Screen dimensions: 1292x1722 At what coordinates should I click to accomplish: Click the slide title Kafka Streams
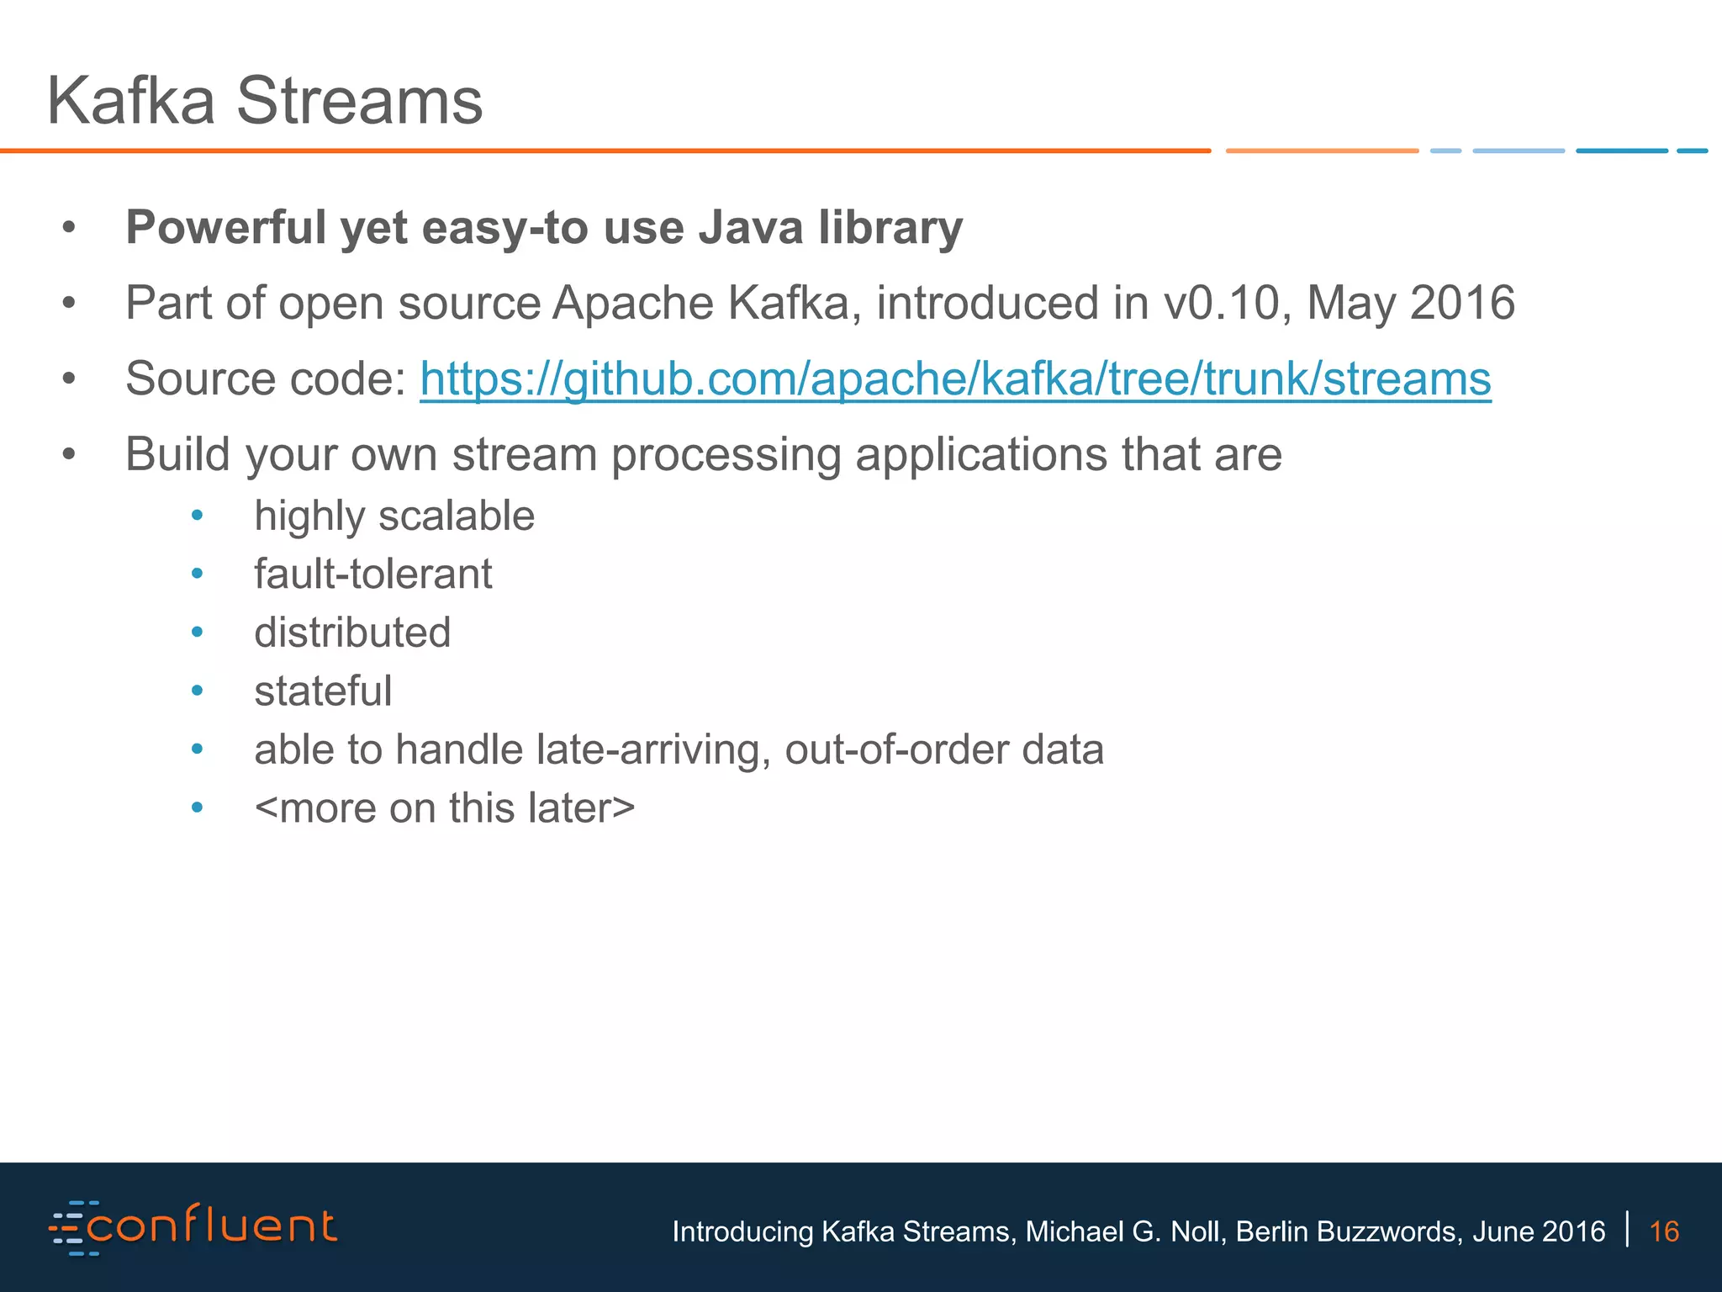pyautogui.click(x=265, y=101)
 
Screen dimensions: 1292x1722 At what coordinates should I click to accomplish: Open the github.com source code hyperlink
pyautogui.click(x=955, y=379)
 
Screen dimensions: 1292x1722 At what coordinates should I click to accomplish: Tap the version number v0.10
pyautogui.click(x=1227, y=303)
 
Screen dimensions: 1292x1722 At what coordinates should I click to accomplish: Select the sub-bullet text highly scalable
pyautogui.click(x=394, y=516)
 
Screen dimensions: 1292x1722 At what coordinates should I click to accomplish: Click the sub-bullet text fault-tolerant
pyautogui.click(x=373, y=575)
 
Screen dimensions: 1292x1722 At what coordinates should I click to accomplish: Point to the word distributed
pyautogui.click(x=352, y=633)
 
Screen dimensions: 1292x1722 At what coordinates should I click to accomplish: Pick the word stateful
pyautogui.click(x=323, y=691)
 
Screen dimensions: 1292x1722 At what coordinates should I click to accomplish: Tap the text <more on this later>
pyautogui.click(x=445, y=808)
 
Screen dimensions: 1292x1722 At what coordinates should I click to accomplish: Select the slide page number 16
pyautogui.click(x=1664, y=1231)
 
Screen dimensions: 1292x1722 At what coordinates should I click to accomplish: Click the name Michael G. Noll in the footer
pyautogui.click(x=1125, y=1231)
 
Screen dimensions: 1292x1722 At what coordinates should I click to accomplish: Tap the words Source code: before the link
pyautogui.click(x=266, y=379)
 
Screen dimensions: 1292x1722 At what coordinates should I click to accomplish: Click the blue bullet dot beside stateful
pyautogui.click(x=198, y=691)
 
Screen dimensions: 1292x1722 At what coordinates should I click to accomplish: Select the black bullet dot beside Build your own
pyautogui.click(x=69, y=455)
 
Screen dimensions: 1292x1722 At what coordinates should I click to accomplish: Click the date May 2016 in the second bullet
pyautogui.click(x=1410, y=303)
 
